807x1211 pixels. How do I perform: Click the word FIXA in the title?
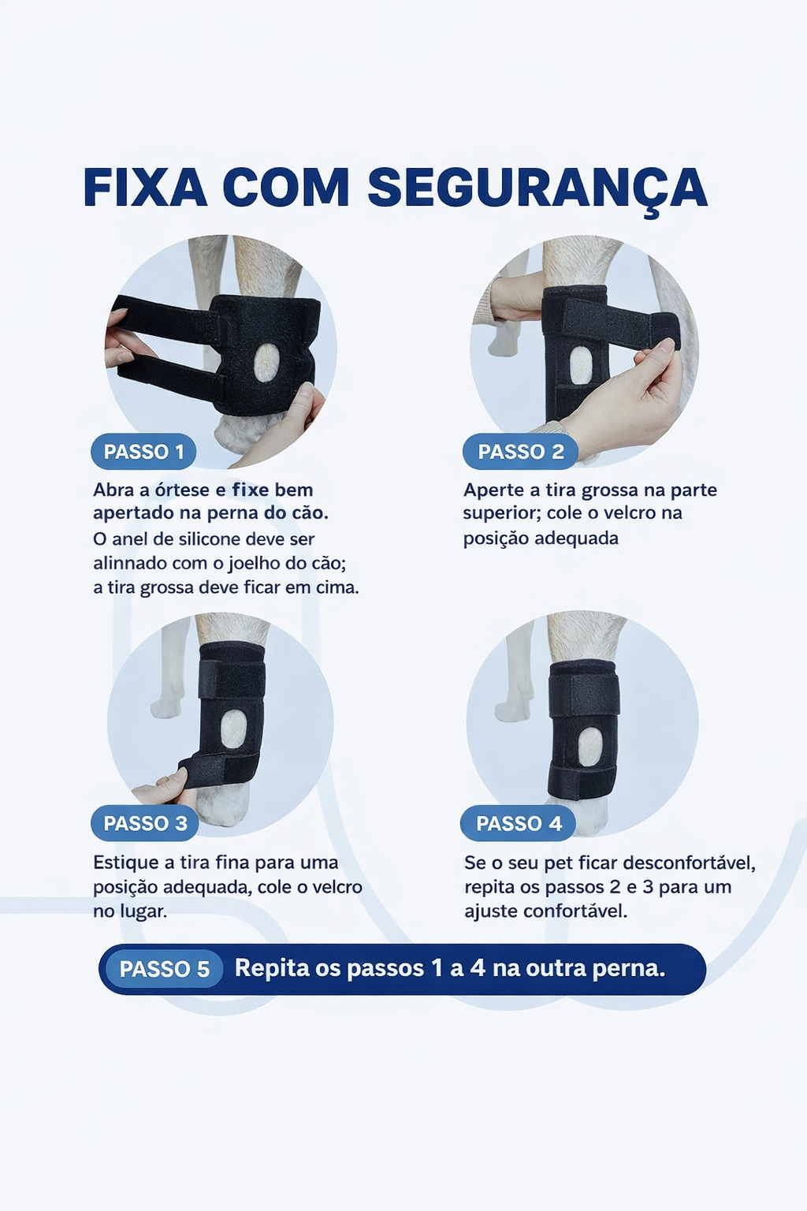click(145, 188)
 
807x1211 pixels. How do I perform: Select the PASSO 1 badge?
click(143, 452)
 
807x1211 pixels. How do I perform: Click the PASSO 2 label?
click(520, 452)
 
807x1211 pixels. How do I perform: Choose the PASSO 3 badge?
click(145, 823)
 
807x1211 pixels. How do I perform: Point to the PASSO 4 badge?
click(519, 824)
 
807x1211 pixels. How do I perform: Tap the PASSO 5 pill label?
click(164, 969)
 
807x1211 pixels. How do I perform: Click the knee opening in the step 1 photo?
click(266, 361)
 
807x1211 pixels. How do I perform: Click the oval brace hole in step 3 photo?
click(232, 728)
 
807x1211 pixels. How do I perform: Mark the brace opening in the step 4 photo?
click(590, 746)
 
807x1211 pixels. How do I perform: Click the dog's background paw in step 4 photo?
click(512, 710)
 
